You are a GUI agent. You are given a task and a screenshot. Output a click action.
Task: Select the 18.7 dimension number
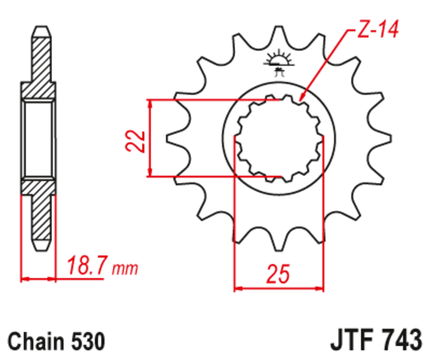click(87, 266)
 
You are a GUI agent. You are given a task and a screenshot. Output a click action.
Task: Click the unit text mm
click(125, 268)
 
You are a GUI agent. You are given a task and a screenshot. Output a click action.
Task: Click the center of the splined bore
click(279, 139)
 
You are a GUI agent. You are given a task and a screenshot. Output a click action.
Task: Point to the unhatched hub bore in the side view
click(38, 139)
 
